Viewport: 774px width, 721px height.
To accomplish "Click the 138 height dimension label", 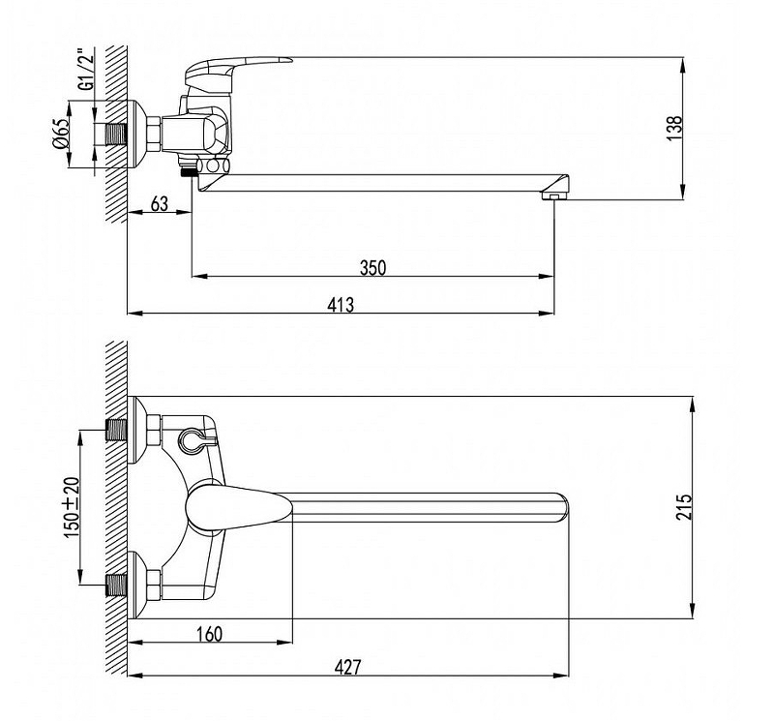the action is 674,128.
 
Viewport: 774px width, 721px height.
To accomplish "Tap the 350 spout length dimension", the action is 372,268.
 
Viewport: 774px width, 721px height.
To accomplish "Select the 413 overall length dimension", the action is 341,305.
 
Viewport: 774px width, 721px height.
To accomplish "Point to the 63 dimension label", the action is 159,203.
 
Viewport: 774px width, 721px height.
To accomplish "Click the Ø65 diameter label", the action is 61,134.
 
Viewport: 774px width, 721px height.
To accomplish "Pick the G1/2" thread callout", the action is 86,69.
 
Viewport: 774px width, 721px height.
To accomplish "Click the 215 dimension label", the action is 685,506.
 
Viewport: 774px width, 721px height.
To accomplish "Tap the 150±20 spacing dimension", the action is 72,508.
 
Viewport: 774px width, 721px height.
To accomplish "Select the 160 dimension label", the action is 209,634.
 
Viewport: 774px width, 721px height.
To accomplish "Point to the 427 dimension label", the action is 347,667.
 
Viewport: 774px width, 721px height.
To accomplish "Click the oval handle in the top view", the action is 239,507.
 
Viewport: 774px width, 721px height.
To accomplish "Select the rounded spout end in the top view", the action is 562,507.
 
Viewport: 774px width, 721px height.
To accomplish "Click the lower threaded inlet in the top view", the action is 117,585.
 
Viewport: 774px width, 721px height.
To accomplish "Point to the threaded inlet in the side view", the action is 117,134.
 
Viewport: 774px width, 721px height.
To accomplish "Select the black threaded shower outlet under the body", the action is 189,171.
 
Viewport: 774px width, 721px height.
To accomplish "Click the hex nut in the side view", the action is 154,134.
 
